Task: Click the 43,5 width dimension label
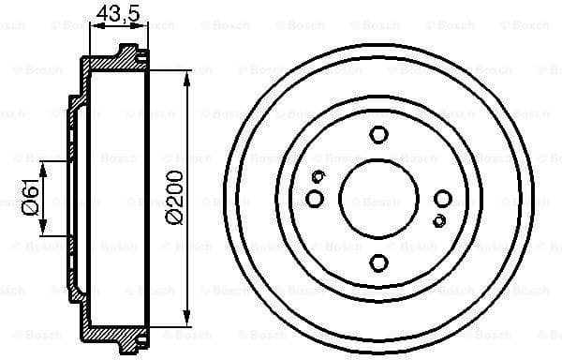click(113, 14)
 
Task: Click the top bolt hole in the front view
click(378, 133)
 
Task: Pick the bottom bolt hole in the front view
click(378, 263)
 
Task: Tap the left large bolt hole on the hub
click(315, 198)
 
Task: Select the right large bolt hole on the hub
click(443, 198)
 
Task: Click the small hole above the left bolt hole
click(318, 177)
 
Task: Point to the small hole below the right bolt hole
click(439, 220)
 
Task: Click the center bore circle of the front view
click(378, 198)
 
